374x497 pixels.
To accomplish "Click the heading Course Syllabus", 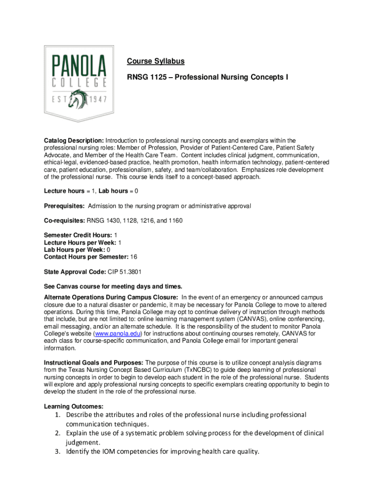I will [155, 61].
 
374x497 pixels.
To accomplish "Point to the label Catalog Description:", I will [73, 141].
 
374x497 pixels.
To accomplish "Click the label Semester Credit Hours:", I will [78, 235].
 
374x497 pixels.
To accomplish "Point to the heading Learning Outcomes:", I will [73, 406].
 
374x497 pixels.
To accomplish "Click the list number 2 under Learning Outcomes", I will [57, 433].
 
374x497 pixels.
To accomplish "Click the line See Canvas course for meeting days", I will [114, 286].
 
